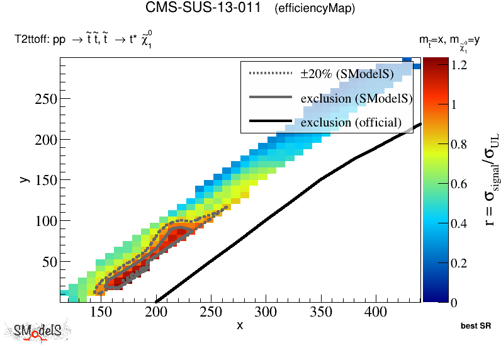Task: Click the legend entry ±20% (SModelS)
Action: coord(347,74)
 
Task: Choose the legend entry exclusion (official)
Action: coord(351,122)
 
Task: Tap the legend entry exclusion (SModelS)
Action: coord(356,98)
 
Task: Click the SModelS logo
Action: coord(38,332)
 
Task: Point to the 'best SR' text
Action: coord(476,326)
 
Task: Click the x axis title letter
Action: coord(240,325)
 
